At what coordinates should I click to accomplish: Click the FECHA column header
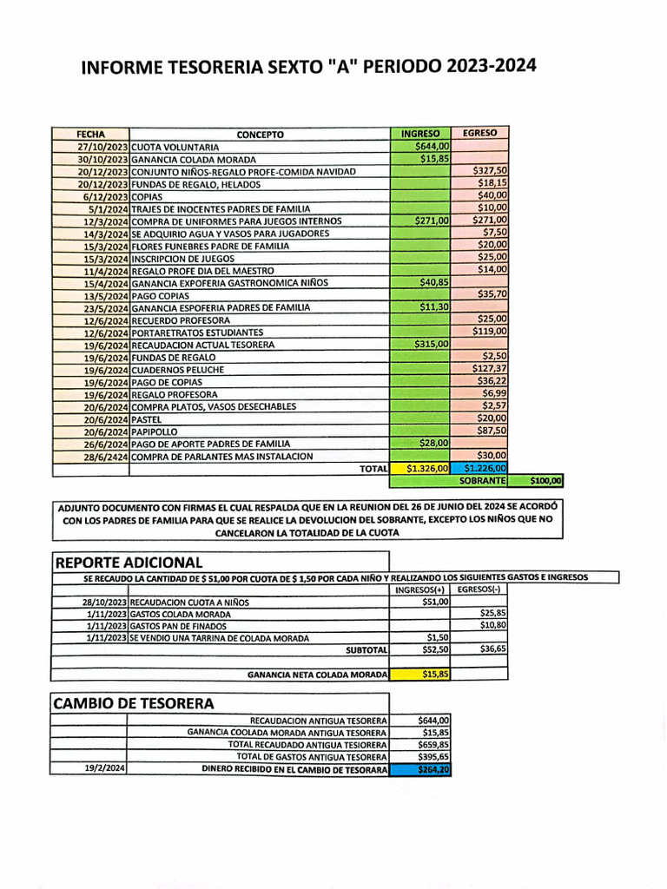pos(90,135)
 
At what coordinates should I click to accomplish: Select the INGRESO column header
pos(420,134)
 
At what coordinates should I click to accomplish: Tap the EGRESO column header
pos(479,134)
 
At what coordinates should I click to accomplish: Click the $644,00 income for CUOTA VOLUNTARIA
pos(432,147)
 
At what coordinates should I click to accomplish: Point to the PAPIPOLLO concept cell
pos(155,431)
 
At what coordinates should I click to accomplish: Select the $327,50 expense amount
pos(490,171)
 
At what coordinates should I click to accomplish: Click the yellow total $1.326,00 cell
pos(421,468)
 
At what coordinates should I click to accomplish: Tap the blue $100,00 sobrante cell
pos(540,480)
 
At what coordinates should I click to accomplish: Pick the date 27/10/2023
pos(102,147)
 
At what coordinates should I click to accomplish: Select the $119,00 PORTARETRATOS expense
pos(490,332)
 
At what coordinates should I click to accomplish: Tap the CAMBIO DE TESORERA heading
pos(134,702)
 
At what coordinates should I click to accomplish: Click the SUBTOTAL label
pos(366,649)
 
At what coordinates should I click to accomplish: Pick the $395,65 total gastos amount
pos(433,756)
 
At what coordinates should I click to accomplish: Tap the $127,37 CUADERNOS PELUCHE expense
pos(490,369)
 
